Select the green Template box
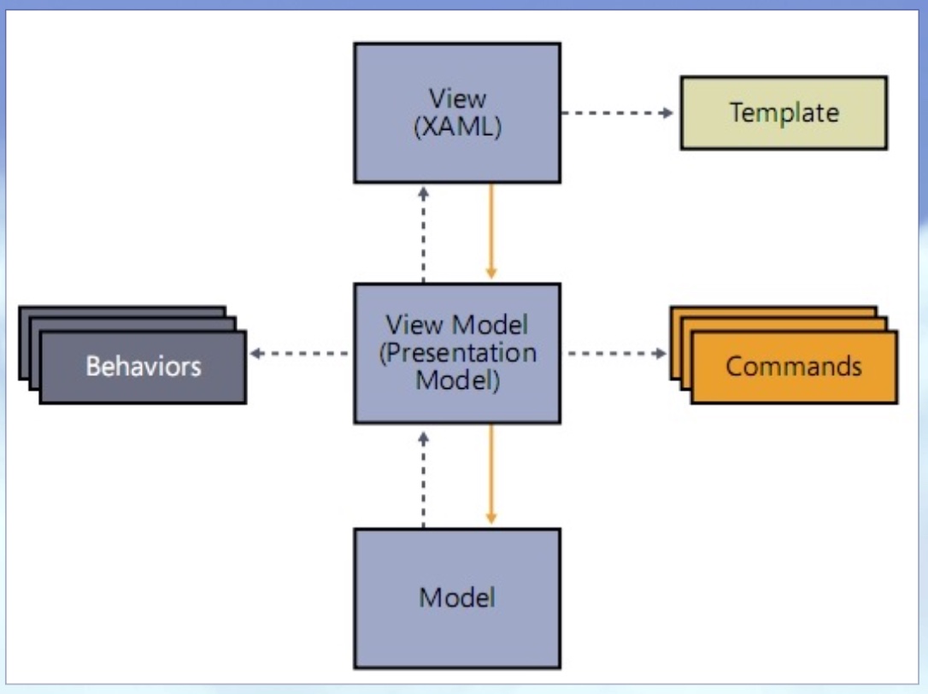(x=783, y=113)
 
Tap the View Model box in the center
(x=457, y=352)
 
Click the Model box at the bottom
(x=457, y=597)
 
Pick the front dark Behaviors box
(x=143, y=367)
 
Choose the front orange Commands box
(x=794, y=367)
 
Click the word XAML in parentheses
(x=457, y=128)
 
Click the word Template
(x=784, y=113)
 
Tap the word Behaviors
(x=143, y=367)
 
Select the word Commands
(x=794, y=367)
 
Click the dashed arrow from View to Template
(x=615, y=112)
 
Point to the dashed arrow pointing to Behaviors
(x=299, y=352)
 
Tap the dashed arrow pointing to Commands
(x=615, y=352)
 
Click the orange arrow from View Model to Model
(x=491, y=475)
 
